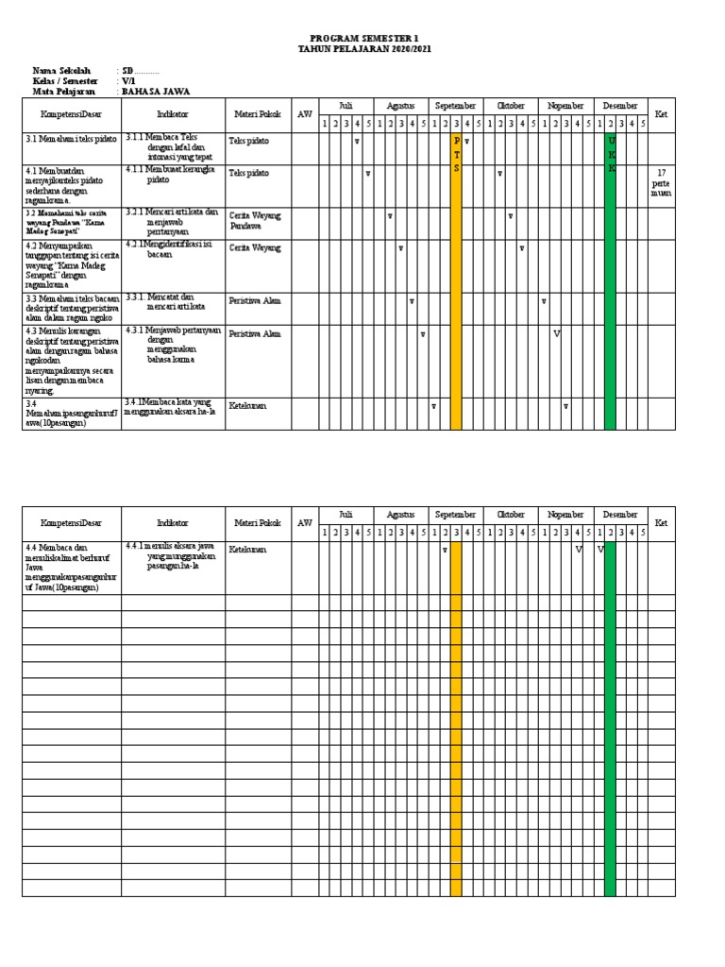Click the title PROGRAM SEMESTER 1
(362, 39)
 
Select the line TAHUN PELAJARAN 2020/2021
(362, 49)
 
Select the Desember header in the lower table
(620, 515)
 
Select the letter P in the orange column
(457, 140)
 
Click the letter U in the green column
(611, 140)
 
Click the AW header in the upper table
(304, 114)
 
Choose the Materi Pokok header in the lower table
(258, 523)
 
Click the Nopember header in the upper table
(565, 106)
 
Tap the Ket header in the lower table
(661, 523)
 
